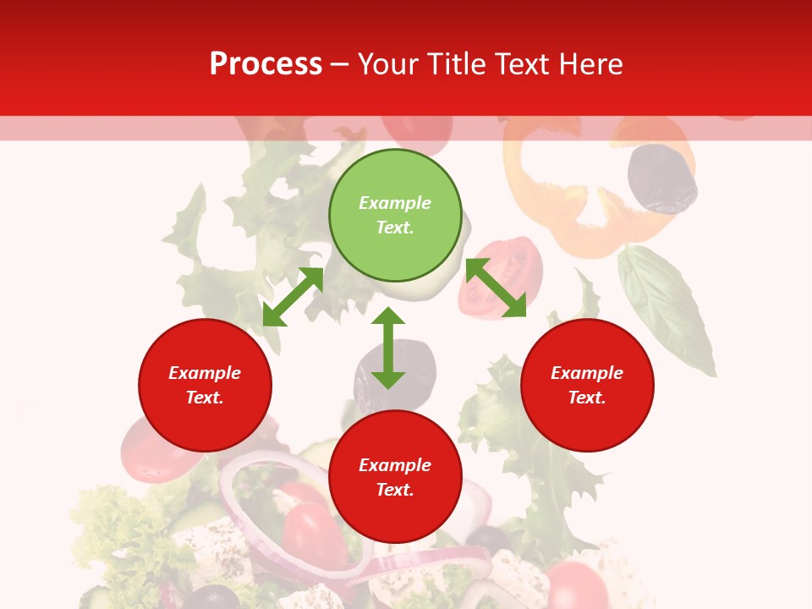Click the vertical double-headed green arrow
tap(388, 348)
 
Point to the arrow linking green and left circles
tap(293, 297)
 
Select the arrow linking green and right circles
tap(496, 288)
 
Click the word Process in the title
tap(266, 64)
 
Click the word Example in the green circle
tap(395, 203)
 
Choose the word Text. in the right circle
tap(587, 398)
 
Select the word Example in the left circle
tap(205, 373)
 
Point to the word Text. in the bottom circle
tap(395, 490)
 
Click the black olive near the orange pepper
tap(662, 178)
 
